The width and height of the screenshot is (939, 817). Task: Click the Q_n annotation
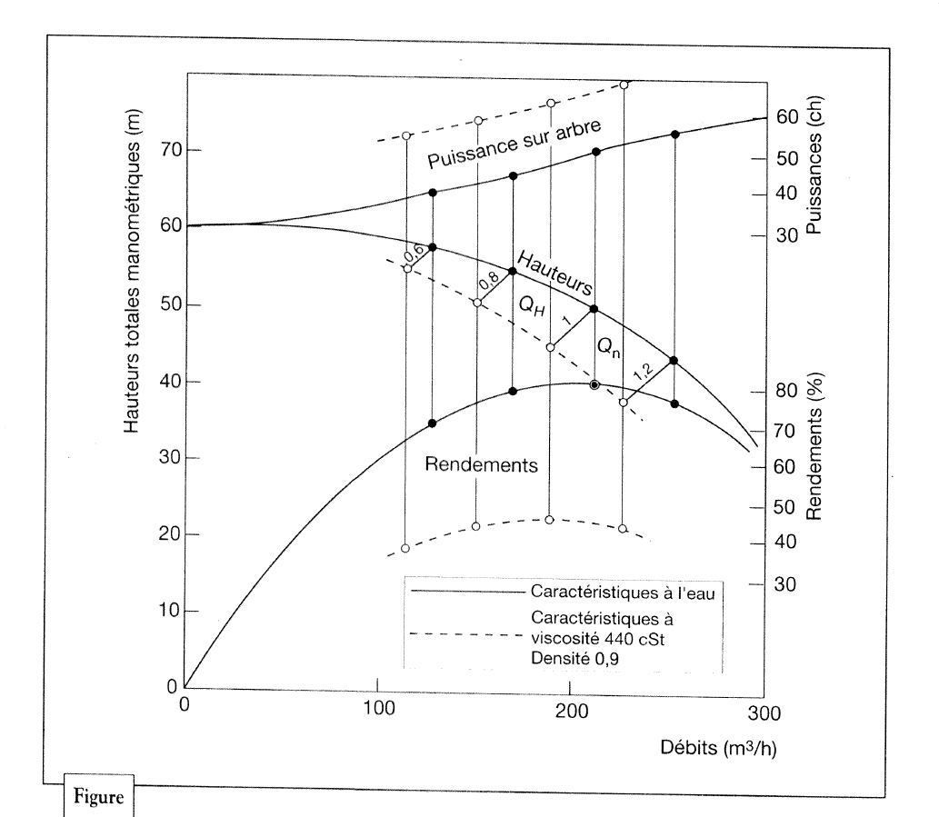[607, 346]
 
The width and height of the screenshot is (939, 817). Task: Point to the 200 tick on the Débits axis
[570, 710]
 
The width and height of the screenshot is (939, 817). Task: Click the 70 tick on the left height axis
[164, 150]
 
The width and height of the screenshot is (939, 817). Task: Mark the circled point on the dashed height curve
[594, 385]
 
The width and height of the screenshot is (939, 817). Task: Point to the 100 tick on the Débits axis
[377, 710]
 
